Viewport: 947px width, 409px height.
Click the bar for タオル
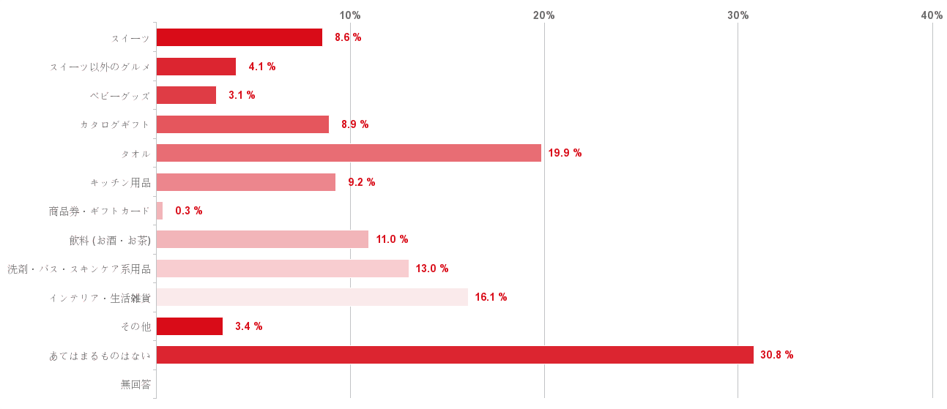point(349,153)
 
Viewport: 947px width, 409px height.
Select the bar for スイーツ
point(239,37)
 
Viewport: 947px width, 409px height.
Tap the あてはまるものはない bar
point(455,355)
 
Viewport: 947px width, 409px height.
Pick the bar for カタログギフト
point(242,124)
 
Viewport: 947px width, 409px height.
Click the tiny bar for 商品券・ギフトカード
point(160,211)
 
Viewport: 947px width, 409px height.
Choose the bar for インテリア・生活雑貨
point(312,297)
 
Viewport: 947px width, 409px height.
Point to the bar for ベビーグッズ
point(186,95)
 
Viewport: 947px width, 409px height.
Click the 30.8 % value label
point(776,355)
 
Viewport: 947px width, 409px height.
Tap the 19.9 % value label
point(565,153)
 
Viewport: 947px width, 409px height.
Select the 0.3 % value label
point(188,211)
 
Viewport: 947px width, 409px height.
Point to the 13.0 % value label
point(431,269)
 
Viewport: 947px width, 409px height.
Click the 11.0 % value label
point(392,239)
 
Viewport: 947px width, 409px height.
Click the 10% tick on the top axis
point(350,15)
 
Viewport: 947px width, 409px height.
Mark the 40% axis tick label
point(932,15)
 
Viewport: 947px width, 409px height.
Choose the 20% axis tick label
point(544,15)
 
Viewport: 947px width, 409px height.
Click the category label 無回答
point(135,384)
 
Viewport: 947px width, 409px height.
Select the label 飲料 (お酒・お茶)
point(109,240)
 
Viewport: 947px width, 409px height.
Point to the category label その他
point(135,326)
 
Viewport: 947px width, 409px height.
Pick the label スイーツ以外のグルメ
point(100,67)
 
